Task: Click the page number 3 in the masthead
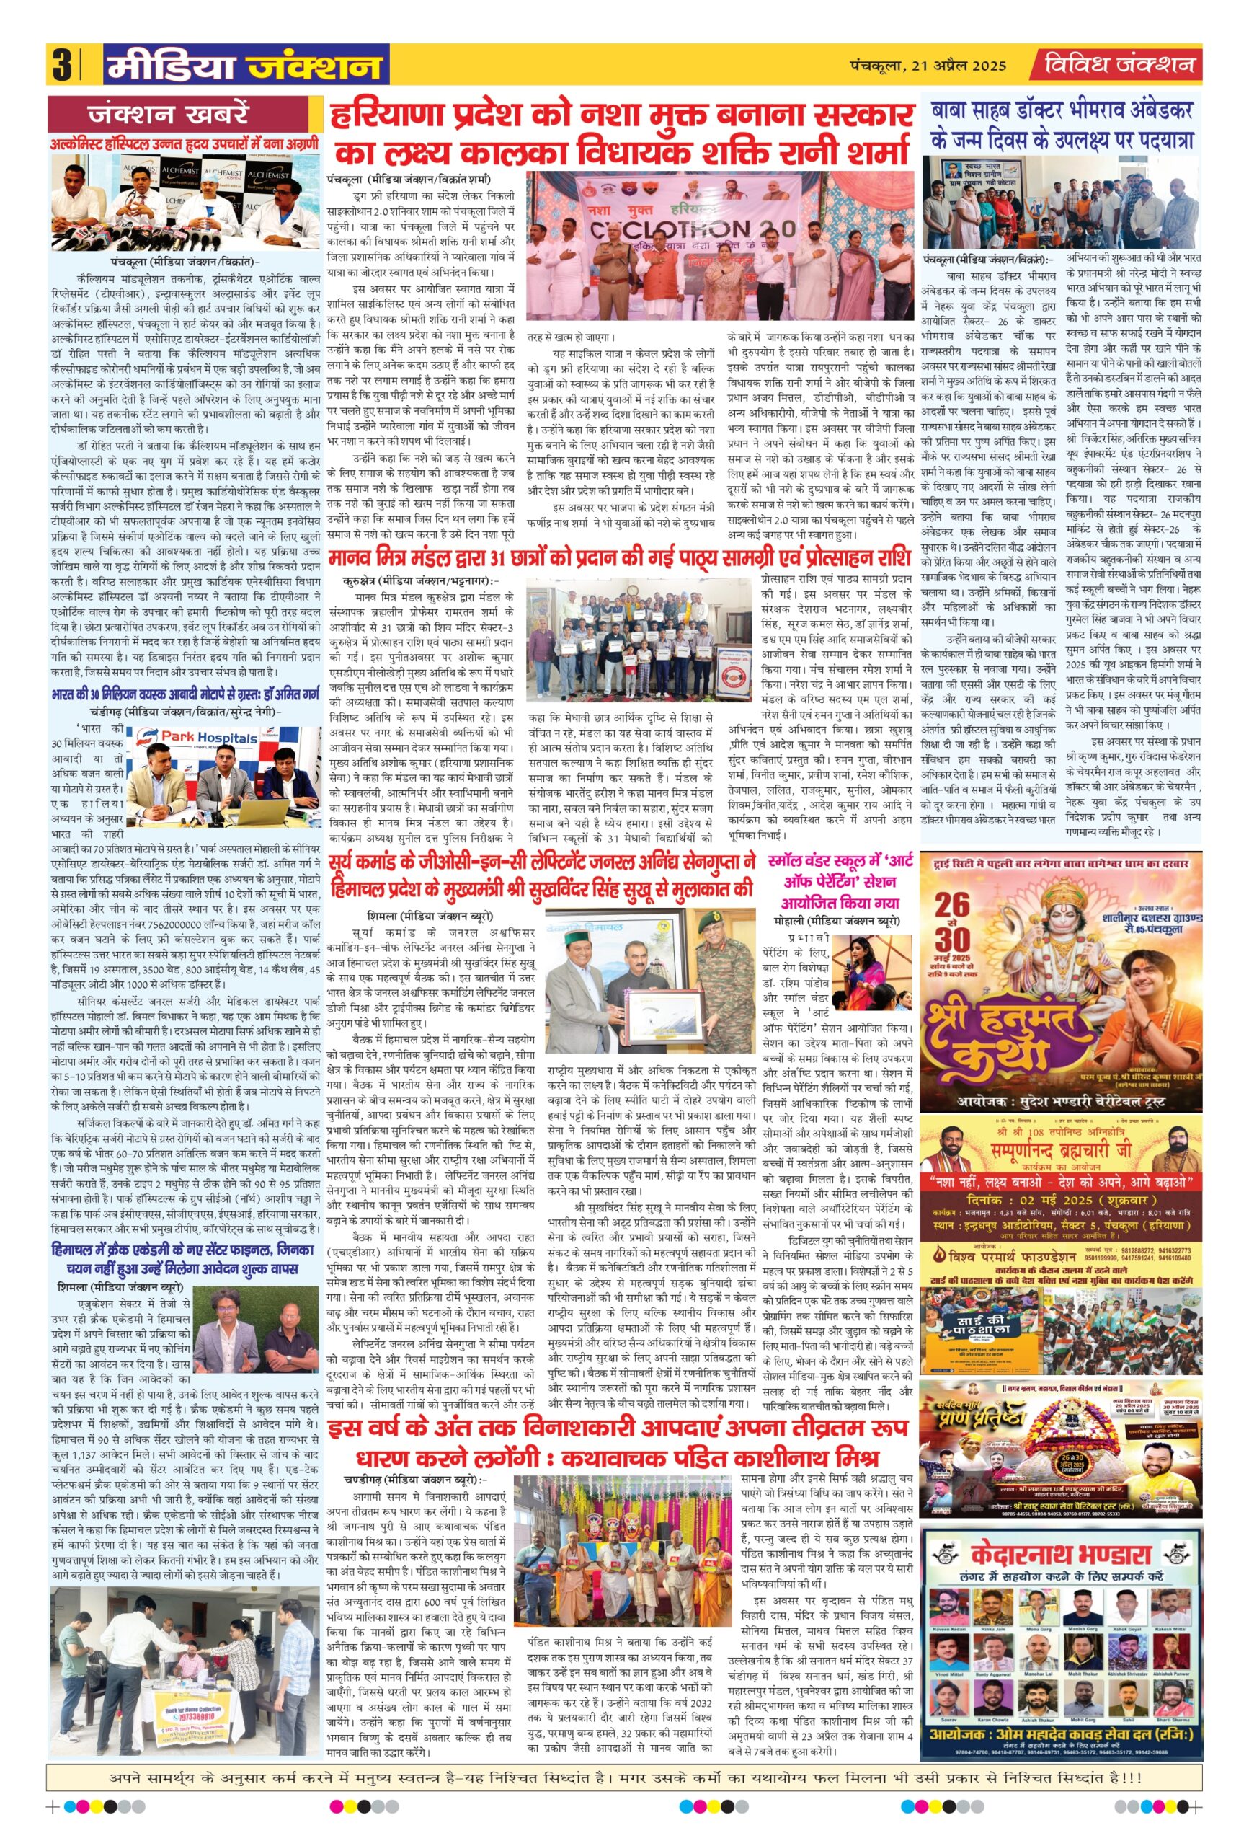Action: coord(61,65)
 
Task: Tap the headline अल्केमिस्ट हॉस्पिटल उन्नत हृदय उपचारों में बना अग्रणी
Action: coord(185,143)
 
